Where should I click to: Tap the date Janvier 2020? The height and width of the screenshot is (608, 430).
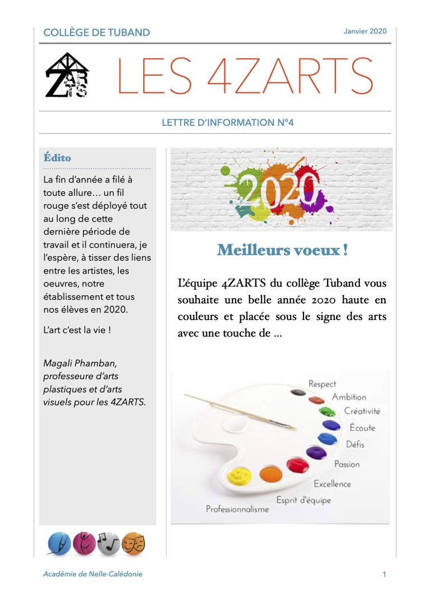[x=365, y=31]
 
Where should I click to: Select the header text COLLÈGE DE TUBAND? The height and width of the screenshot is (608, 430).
[x=97, y=32]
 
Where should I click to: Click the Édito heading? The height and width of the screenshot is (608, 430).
[x=58, y=158]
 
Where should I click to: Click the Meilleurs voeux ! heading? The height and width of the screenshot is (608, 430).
[x=282, y=250]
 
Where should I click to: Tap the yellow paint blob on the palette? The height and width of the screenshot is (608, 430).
[x=239, y=476]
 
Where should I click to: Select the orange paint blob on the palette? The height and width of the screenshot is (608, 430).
[x=271, y=474]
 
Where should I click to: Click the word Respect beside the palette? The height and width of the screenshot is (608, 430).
[x=322, y=384]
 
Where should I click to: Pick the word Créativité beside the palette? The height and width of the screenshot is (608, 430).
[x=362, y=411]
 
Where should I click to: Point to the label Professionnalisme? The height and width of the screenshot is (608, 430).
[x=237, y=509]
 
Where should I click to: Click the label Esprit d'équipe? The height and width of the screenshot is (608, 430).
[x=303, y=499]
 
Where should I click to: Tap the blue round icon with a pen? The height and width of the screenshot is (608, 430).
[x=60, y=543]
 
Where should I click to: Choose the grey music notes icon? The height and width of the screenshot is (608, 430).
[x=109, y=543]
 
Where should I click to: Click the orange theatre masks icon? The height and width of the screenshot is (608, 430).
[x=134, y=543]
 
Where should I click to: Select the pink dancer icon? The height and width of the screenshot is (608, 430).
[x=84, y=543]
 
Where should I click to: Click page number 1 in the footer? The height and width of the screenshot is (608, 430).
[x=385, y=574]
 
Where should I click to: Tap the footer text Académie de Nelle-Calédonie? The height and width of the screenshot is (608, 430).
[x=93, y=574]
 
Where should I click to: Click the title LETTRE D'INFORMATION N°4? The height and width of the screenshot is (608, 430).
[x=228, y=122]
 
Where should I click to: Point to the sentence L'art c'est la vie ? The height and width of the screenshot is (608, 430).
[x=77, y=330]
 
